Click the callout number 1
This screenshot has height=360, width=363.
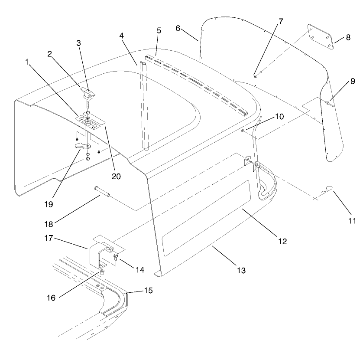coord(27,62)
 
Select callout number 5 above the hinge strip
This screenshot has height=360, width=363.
coord(159,31)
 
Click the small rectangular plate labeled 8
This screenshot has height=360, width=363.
coord(320,36)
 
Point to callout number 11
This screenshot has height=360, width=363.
coord(352,221)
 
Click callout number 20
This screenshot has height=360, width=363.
coord(116,176)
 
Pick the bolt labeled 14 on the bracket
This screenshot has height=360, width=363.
coord(115,258)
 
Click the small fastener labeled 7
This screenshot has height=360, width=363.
coord(255,76)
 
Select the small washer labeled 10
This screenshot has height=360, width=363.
coord(243,130)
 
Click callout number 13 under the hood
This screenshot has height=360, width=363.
coord(241,270)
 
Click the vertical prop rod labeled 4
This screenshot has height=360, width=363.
coord(143,108)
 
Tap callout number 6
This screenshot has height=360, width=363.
coord(178,28)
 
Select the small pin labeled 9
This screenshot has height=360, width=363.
coord(329,102)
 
